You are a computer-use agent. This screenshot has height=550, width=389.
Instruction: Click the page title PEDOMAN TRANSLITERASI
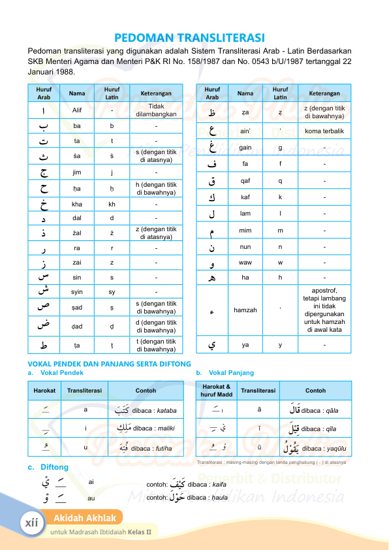(194, 37)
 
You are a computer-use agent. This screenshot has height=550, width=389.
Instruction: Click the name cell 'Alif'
(77, 110)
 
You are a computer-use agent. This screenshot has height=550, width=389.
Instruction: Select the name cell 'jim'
(77, 172)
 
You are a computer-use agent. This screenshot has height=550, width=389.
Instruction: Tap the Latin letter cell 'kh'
(112, 204)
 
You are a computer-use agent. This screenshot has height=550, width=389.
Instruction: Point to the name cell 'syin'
(77, 291)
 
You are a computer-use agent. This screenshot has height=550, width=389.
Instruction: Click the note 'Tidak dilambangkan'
(155, 110)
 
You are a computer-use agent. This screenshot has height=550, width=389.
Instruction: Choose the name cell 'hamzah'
(245, 310)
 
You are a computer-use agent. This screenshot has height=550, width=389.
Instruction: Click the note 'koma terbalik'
(324, 131)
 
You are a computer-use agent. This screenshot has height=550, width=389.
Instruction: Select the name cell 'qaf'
(245, 181)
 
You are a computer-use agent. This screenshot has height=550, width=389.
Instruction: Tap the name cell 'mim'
(245, 231)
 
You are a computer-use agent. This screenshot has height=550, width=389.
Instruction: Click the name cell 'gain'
(245, 148)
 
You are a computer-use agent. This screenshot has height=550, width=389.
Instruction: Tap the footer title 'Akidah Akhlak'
(85, 519)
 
